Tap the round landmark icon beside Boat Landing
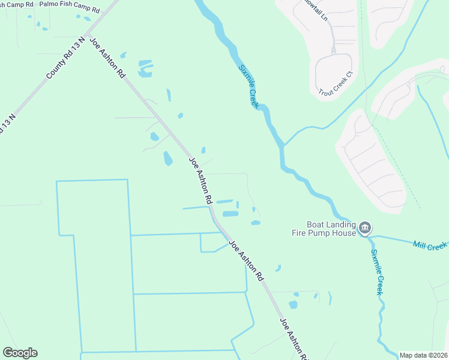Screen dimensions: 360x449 point(366,229)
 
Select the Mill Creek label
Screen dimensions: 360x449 point(430,245)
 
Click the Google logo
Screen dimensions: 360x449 point(20,353)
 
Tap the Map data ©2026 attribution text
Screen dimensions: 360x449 point(423,355)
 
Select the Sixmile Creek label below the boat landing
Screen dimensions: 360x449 point(376,271)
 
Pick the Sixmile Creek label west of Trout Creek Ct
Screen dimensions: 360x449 point(249,86)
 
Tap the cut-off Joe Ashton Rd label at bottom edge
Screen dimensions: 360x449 point(294,339)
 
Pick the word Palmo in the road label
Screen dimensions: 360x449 point(50,4)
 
